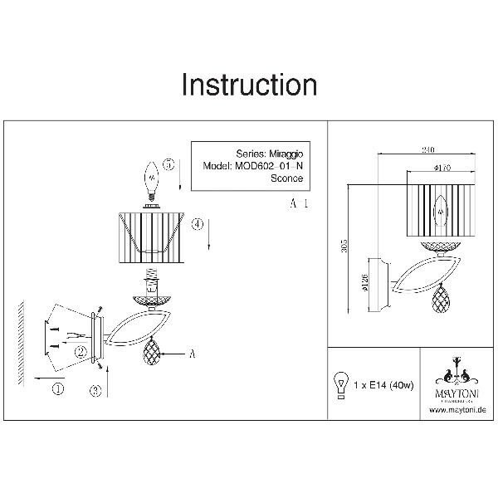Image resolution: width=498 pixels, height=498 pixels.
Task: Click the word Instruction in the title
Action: tap(249, 85)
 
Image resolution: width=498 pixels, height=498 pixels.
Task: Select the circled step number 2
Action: tap(81, 351)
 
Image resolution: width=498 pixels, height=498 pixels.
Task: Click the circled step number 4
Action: tap(198, 224)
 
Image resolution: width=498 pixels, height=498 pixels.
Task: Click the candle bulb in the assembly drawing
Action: tap(152, 179)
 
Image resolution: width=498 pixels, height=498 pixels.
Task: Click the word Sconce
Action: tap(286, 178)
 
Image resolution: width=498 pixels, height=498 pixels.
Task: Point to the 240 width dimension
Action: tap(428, 149)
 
